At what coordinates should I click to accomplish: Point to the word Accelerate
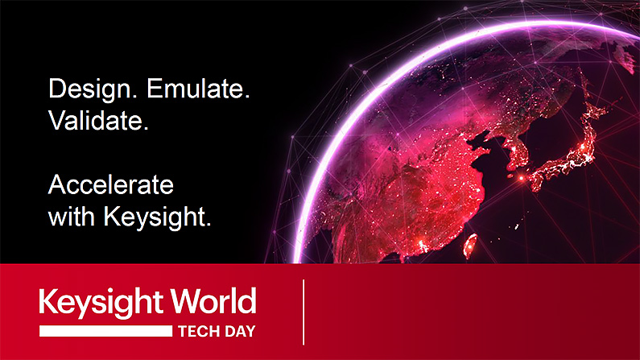pos(111,184)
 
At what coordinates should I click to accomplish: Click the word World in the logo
pos(213,300)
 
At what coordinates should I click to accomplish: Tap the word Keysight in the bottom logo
pos(102,303)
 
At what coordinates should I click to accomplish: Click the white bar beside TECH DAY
pos(105,331)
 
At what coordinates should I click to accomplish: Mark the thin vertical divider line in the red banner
pos(303,312)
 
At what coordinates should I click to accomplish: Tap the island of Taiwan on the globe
pos(470,246)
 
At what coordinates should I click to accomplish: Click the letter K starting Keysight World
pos(47,301)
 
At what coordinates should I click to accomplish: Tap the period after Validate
pos(146,128)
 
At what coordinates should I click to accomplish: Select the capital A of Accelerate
pos(57,184)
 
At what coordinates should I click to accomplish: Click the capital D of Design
pos(57,88)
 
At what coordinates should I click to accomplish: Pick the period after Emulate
pos(247,97)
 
